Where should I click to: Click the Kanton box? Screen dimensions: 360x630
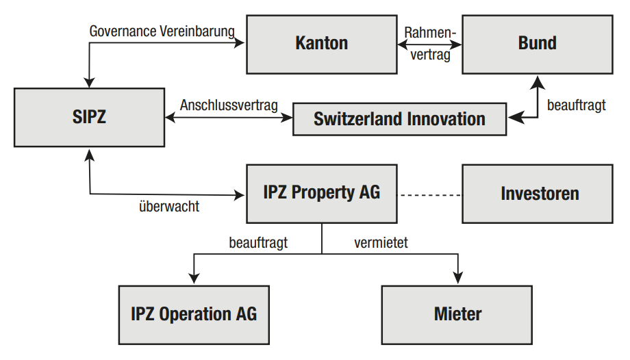(321, 44)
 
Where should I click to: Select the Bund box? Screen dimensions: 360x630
(537, 44)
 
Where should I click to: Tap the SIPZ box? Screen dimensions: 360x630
(89, 116)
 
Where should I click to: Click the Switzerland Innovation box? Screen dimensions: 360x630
(399, 119)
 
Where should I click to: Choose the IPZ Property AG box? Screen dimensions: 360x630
(321, 193)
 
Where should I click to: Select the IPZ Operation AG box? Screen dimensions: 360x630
(194, 315)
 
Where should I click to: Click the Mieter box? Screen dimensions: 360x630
(457, 315)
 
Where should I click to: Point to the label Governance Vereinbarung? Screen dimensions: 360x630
(162, 31)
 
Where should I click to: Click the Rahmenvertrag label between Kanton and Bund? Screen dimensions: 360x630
(429, 44)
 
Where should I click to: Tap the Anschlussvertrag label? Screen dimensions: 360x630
(229, 105)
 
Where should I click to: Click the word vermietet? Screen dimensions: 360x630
(381, 242)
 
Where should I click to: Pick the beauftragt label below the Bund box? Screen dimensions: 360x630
(577, 106)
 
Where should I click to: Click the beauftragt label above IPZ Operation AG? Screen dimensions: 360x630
(258, 242)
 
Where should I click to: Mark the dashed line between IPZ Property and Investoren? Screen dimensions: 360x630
(429, 195)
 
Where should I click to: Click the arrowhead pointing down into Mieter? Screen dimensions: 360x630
(457, 278)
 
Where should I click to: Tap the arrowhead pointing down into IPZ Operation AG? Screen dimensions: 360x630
(194, 278)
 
